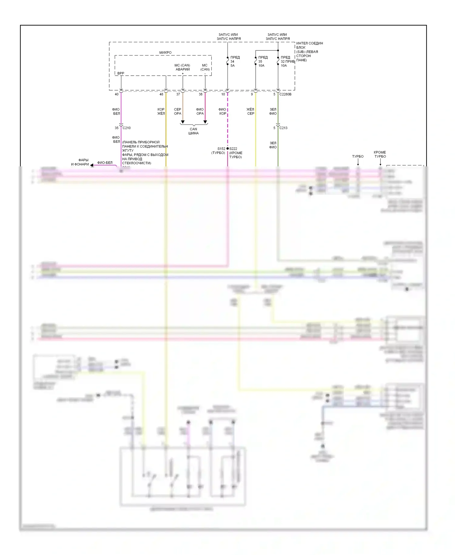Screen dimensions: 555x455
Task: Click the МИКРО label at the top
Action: pyautogui.click(x=165, y=53)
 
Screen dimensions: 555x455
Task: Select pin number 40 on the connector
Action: pyautogui.click(x=116, y=94)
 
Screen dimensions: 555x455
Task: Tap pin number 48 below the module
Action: pyautogui.click(x=161, y=94)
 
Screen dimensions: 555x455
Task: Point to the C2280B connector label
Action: pyautogui.click(x=285, y=94)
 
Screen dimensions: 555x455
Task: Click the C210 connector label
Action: pyautogui.click(x=127, y=128)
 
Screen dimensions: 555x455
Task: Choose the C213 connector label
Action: pyautogui.click(x=283, y=128)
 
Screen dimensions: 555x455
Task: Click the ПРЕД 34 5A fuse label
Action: pyautogui.click(x=235, y=61)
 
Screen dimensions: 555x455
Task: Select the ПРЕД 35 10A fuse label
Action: pyautogui.click(x=263, y=61)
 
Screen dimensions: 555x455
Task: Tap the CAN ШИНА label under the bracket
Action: pyautogui.click(x=194, y=131)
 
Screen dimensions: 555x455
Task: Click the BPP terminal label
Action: pyautogui.click(x=121, y=73)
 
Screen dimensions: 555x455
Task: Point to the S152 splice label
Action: pyautogui.click(x=221, y=149)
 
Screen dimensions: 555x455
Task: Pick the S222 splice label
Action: pyautogui.click(x=233, y=149)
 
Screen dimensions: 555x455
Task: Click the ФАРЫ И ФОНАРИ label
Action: pyautogui.click(x=80, y=162)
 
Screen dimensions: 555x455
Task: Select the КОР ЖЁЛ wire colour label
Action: pyautogui.click(x=161, y=111)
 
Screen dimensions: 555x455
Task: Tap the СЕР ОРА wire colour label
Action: pyautogui.click(x=177, y=111)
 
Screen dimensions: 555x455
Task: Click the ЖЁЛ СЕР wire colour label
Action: pyautogui.click(x=250, y=111)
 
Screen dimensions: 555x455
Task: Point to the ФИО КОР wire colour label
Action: pyautogui.click(x=222, y=111)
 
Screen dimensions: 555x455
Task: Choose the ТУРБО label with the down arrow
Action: pyautogui.click(x=358, y=156)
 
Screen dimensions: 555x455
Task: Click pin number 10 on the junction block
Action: pyautogui.click(x=223, y=94)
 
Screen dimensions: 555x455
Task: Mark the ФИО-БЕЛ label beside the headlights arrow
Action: pyautogui.click(x=105, y=163)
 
